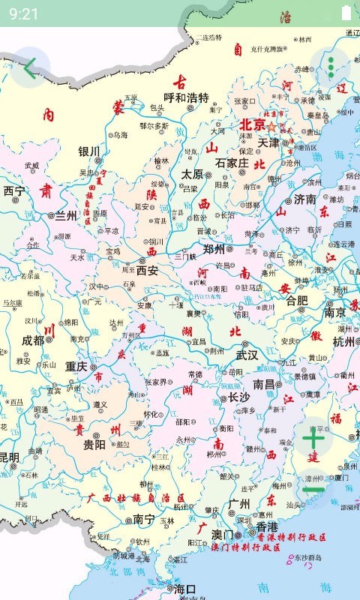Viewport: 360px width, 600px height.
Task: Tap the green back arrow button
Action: click(29, 68)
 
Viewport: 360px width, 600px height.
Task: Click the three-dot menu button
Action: click(331, 68)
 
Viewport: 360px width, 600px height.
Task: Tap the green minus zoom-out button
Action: click(313, 490)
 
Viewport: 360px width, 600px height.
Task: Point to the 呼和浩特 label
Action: click(186, 98)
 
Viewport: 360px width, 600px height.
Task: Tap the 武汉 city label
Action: click(247, 355)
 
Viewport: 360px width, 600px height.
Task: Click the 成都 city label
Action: click(32, 340)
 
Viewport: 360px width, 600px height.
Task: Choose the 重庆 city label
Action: click(76, 367)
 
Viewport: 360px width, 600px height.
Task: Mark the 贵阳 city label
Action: click(94, 444)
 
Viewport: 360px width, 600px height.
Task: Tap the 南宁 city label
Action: click(143, 519)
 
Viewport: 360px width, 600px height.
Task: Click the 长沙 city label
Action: click(238, 397)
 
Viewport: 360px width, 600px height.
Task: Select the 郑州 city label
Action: click(214, 249)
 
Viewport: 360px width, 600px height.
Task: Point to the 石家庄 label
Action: click(232, 163)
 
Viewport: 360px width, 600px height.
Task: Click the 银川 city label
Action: click(88, 151)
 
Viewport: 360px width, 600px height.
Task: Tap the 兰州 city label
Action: click(65, 216)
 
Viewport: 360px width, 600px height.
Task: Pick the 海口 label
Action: click(184, 589)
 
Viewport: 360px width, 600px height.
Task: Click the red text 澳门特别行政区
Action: click(245, 548)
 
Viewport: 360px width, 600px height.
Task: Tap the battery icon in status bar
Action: click(346, 13)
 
